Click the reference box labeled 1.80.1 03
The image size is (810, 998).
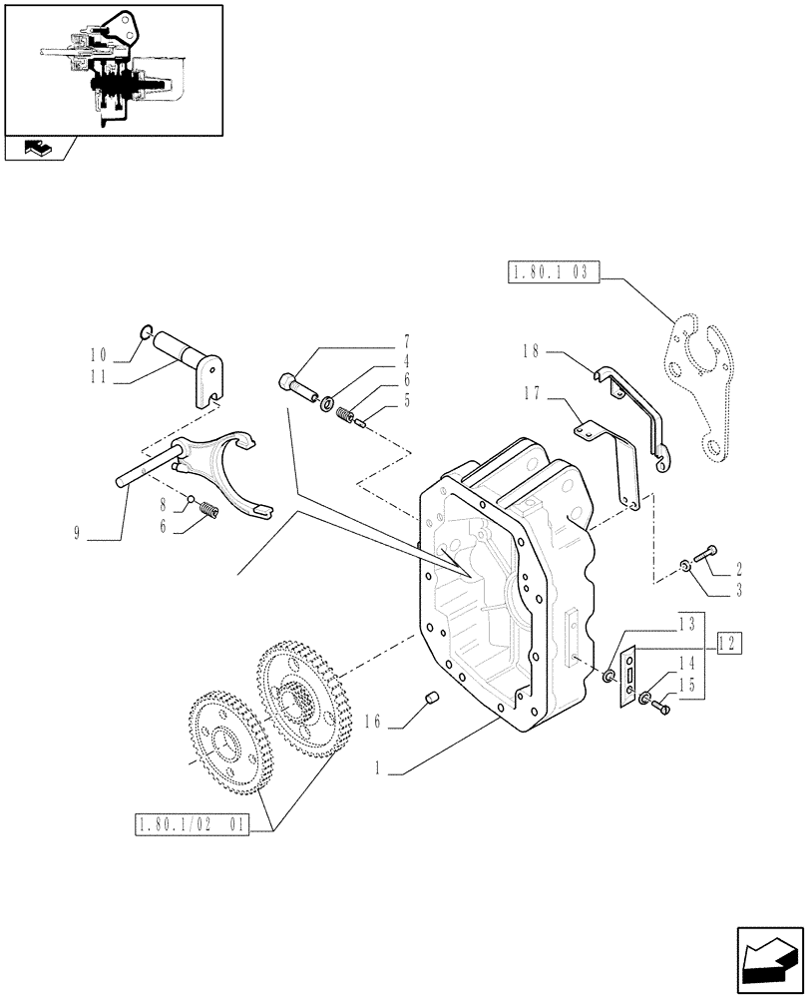click(x=553, y=271)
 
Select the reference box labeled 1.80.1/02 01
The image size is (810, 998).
click(x=190, y=825)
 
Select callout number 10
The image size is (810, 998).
click(x=97, y=353)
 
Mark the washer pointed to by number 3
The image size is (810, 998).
click(x=686, y=567)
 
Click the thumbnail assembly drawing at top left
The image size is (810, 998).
click(x=112, y=70)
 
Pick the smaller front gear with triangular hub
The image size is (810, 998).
click(x=224, y=743)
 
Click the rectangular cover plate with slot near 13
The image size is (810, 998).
click(x=630, y=680)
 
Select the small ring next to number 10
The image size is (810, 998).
click(x=146, y=333)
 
